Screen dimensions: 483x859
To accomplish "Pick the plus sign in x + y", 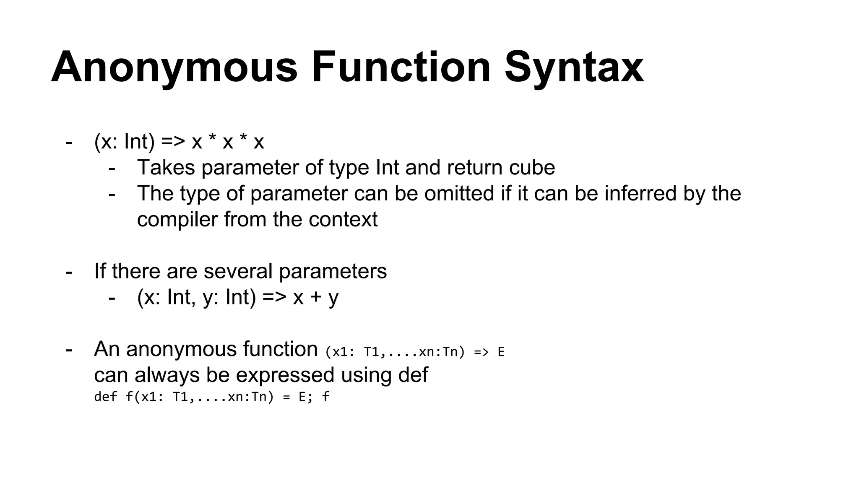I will [x=315, y=298].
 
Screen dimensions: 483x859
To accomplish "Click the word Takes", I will [x=166, y=168].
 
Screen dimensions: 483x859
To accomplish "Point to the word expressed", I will [x=285, y=375].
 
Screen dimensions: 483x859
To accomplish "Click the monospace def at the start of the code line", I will [x=105, y=397].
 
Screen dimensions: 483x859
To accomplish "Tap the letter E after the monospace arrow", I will [x=501, y=352].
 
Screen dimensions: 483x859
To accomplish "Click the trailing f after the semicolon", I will [x=325, y=397].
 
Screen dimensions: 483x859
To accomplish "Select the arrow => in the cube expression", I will [x=173, y=142].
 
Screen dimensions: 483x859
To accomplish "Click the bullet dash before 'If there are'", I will [x=69, y=272].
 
